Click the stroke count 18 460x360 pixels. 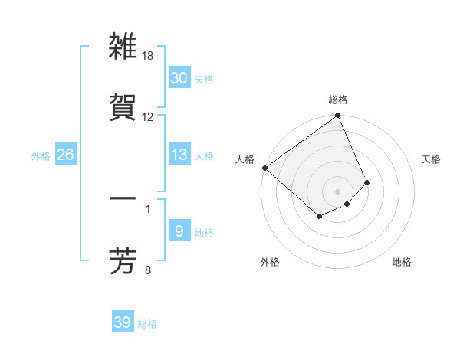pyautogui.click(x=148, y=57)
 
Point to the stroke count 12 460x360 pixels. pyautogui.click(x=148, y=116)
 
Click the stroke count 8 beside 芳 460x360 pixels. pyautogui.click(x=148, y=270)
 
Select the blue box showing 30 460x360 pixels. pyautogui.click(x=179, y=78)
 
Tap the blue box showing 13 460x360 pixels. pyautogui.click(x=179, y=155)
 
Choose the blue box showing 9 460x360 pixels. pyautogui.click(x=179, y=231)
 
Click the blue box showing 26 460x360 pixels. pyautogui.click(x=66, y=155)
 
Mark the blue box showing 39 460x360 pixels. pyautogui.click(x=122, y=322)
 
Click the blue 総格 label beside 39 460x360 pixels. pyautogui.click(x=148, y=324)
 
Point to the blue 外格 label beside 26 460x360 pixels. pyautogui.click(x=41, y=156)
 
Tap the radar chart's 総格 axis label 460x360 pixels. pyautogui.click(x=338, y=100)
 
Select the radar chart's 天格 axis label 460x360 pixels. pyautogui.click(x=432, y=159)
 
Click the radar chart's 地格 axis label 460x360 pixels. pyautogui.click(x=402, y=262)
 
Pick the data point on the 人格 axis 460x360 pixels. pyautogui.click(x=264, y=168)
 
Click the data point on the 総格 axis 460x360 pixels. pyautogui.click(x=338, y=116)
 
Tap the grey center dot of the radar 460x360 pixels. pyautogui.click(x=338, y=191)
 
